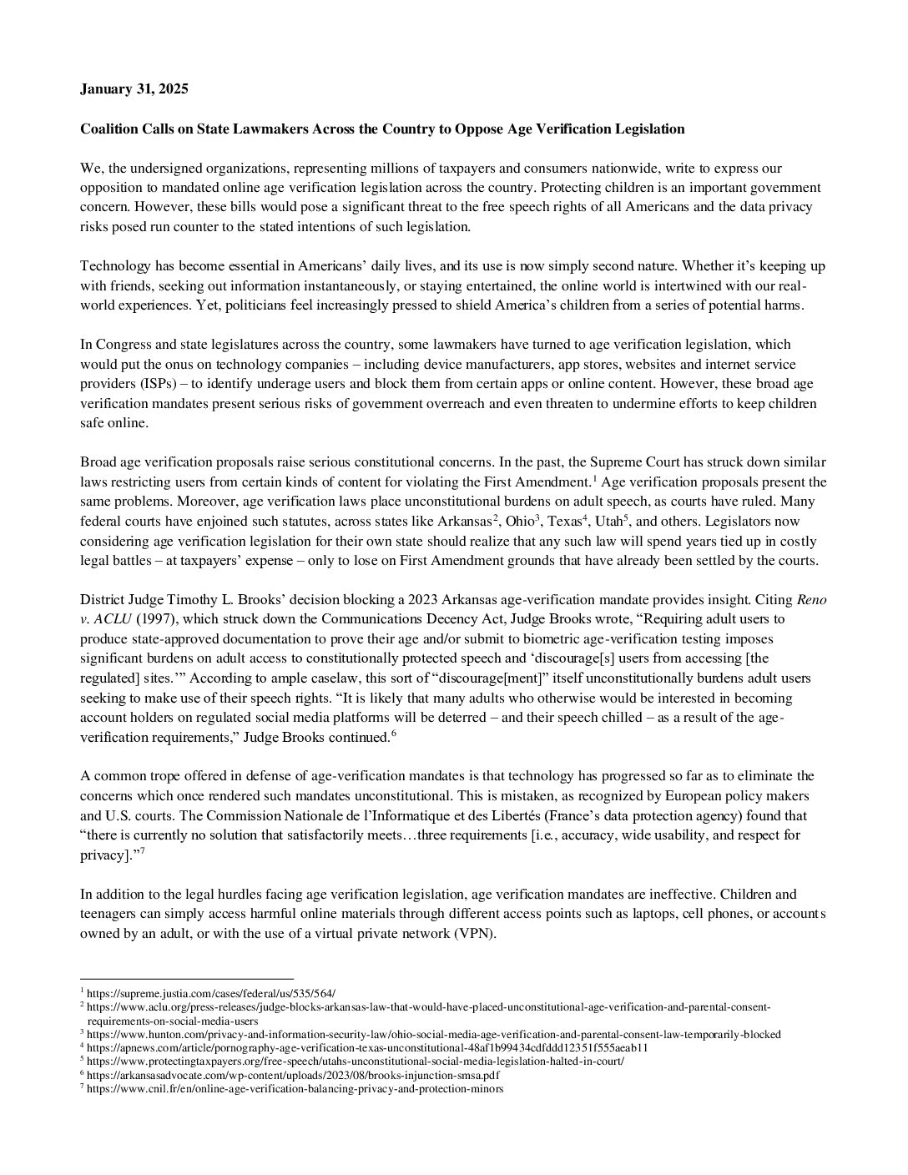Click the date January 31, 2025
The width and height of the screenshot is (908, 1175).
click(x=134, y=89)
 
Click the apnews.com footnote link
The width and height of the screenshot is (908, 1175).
click(x=367, y=1048)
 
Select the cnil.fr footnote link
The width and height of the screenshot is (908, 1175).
click(x=295, y=1089)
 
